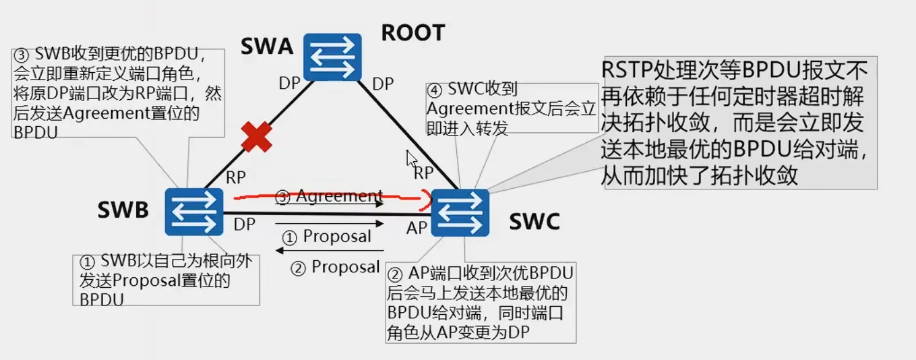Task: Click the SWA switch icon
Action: (x=332, y=58)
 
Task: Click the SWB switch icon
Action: (x=194, y=212)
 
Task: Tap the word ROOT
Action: (x=413, y=32)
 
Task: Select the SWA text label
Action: (x=268, y=47)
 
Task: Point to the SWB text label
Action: (x=123, y=210)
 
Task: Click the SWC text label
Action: (x=535, y=222)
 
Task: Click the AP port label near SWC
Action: (x=417, y=228)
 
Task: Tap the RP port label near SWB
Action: (x=236, y=177)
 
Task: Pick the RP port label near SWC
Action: (x=423, y=173)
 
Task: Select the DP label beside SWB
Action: (x=245, y=224)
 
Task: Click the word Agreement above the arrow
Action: (x=339, y=196)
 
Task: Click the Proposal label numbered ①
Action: (x=337, y=237)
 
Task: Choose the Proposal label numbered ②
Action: (x=345, y=268)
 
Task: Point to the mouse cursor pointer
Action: (x=411, y=159)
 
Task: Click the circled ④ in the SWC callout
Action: (x=435, y=90)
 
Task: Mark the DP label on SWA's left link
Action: (x=291, y=84)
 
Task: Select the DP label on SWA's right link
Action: (x=384, y=84)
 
